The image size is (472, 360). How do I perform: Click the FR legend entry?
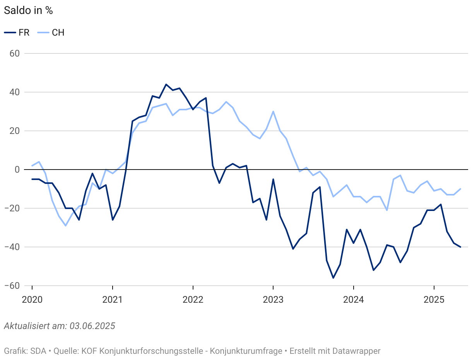click(x=17, y=33)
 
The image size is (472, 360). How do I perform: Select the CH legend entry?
click(x=51, y=33)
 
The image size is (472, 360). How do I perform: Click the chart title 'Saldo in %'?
click(x=28, y=10)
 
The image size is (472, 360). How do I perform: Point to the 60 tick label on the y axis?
click(x=14, y=53)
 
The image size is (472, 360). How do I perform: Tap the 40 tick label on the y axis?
click(x=14, y=92)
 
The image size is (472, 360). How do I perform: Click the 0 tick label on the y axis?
click(x=17, y=170)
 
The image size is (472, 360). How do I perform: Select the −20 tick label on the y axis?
click(x=12, y=208)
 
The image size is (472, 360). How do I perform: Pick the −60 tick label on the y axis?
click(x=12, y=286)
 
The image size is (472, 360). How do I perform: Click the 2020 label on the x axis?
click(x=32, y=300)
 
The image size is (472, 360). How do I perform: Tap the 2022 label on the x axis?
click(x=193, y=300)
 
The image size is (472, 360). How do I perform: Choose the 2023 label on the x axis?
click(x=273, y=300)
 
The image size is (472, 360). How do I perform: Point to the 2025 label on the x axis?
click(x=434, y=300)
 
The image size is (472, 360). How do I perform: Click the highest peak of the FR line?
click(x=166, y=84)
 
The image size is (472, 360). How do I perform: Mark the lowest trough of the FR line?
click(x=333, y=278)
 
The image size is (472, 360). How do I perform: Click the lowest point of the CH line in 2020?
click(x=66, y=226)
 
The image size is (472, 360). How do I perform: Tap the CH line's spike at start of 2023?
click(x=273, y=111)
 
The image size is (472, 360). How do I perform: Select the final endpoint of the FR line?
click(x=460, y=247)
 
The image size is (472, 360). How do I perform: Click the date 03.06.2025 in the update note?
click(x=92, y=326)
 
